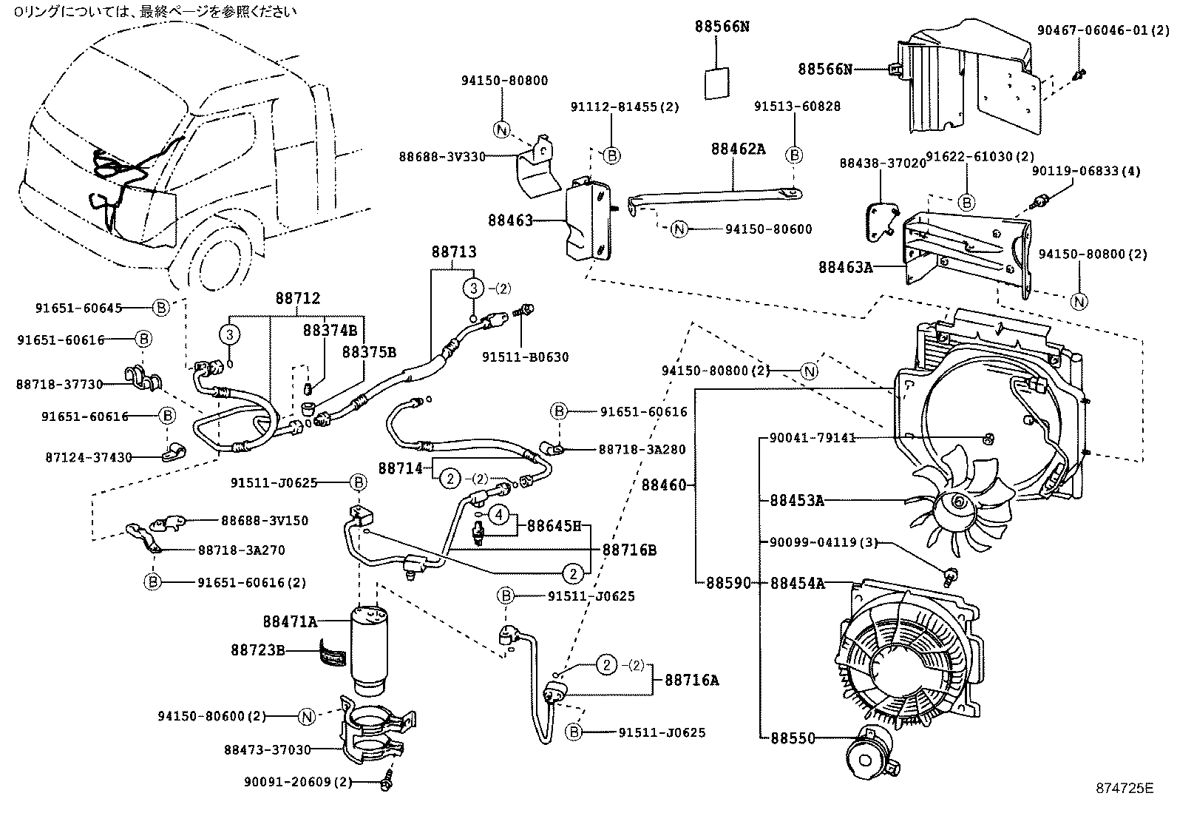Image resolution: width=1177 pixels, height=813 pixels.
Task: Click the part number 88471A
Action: coord(290,621)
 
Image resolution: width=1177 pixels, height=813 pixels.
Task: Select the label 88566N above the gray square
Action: coord(722,27)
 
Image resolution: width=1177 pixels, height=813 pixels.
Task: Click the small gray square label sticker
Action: coord(716,82)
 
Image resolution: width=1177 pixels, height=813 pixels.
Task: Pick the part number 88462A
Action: coord(738,149)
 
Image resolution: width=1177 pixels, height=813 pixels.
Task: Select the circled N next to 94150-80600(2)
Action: coord(307,716)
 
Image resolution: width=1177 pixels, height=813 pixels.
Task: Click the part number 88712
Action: coord(298,298)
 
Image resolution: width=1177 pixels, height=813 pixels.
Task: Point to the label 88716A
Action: coord(691,680)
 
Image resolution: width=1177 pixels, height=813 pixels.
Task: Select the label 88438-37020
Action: coord(883,163)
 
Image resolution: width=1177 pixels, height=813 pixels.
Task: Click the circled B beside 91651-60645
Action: coord(162,308)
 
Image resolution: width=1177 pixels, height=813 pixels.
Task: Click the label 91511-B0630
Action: coord(525,357)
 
